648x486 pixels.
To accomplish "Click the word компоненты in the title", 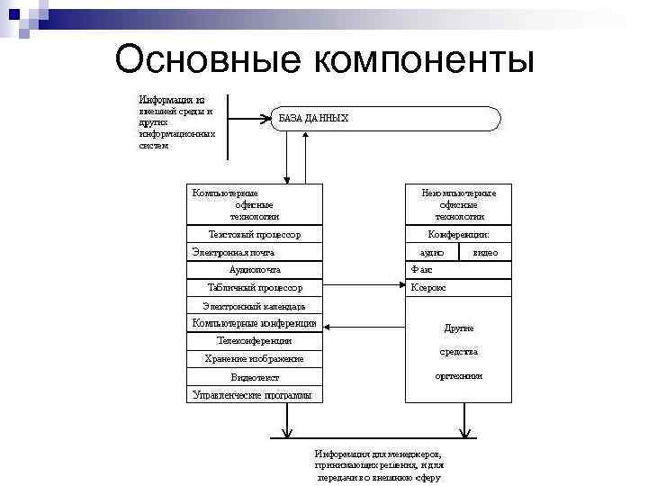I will coord(422,60).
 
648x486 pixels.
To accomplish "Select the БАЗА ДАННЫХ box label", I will coord(313,118).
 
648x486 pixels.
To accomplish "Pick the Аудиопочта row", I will coord(255,270).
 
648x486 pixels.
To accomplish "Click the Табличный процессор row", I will coord(255,288).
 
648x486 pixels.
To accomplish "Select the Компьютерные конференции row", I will coord(255,323).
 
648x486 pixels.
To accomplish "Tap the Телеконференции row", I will coord(255,341).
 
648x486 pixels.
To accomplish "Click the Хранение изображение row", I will coord(255,359).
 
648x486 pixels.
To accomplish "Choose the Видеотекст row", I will coord(255,377).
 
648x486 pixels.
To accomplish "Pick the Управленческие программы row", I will coord(252,394).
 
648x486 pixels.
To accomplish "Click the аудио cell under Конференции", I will coord(432,252).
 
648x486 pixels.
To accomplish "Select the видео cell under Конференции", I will coord(485,252).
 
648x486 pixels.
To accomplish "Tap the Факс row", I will coord(422,270).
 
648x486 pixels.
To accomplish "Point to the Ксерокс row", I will coord(428,288).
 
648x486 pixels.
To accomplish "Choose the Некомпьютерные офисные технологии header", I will coord(459,204).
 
